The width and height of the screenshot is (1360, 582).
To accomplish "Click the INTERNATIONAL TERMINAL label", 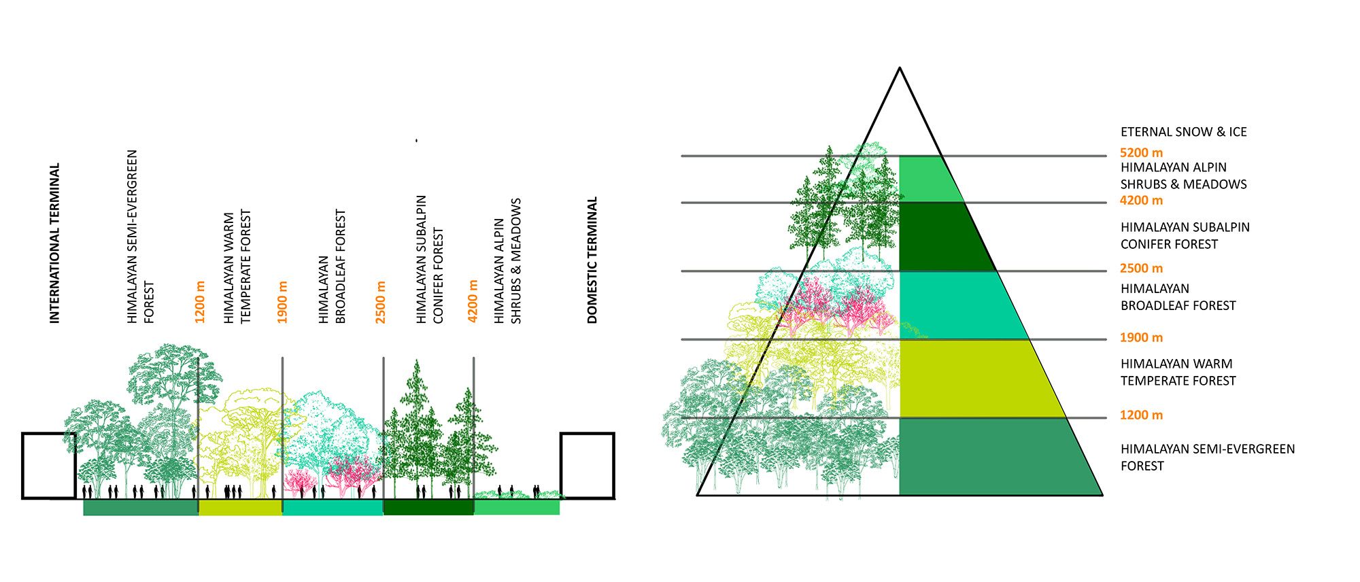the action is point(54,243).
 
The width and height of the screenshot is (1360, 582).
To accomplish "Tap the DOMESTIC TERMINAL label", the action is point(592,260).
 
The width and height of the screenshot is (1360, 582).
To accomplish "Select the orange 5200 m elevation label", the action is point(1141,152).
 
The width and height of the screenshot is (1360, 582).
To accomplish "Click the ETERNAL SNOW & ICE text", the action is point(1183,132).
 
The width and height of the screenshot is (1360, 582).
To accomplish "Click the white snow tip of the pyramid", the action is point(900,116).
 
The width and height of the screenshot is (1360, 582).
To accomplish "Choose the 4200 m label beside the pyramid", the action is point(1141,200).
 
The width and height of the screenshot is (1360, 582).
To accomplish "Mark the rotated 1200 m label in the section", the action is point(200,301).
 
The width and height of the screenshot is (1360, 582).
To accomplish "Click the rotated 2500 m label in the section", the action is point(380,301).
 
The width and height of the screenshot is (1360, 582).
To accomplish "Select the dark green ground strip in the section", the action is point(428,507).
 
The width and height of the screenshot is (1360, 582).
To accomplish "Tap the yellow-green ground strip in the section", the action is point(240,507).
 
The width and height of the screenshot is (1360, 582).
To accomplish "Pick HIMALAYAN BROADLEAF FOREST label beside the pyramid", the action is point(1178,297).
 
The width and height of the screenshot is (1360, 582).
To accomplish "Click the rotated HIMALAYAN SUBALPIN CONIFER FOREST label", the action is point(429,259).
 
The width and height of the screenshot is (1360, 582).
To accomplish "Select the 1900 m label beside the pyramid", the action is point(1141,337).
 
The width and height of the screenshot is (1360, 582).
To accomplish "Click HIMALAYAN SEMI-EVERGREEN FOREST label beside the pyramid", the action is point(1207,457).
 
